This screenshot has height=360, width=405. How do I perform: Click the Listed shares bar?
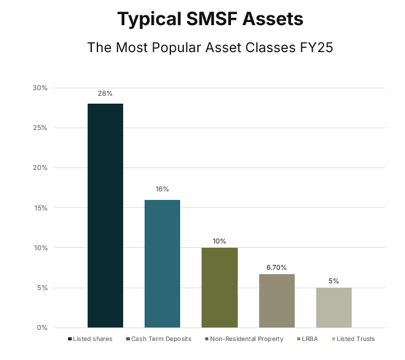tap(105, 215)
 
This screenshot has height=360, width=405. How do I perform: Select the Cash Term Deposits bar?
tap(162, 264)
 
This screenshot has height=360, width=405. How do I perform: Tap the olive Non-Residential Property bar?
tap(219, 288)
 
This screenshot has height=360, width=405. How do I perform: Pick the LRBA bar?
tap(277, 301)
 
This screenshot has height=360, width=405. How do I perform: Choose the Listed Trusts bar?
tap(334, 307)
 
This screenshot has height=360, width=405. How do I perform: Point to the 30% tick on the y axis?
tap(40, 88)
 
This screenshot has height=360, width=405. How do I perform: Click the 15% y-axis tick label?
tap(40, 208)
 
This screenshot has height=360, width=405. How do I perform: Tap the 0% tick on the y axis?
tap(42, 327)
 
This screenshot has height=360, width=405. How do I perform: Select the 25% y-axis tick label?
tap(40, 128)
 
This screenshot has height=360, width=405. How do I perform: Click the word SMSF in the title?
tap(208, 19)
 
